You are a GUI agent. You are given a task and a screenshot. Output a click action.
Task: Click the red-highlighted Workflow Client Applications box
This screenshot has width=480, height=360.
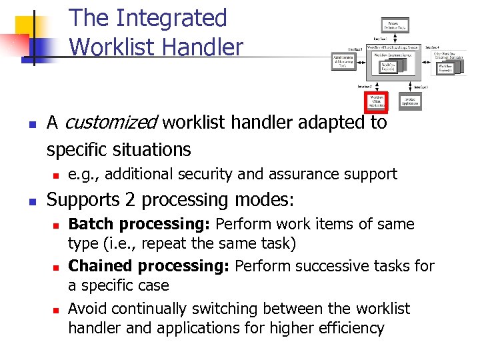pyautogui.click(x=377, y=101)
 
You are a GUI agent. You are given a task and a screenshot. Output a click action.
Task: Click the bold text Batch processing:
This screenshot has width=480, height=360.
pyautogui.click(x=140, y=225)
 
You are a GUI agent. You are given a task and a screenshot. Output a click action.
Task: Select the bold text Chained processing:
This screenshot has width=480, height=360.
pyautogui.click(x=149, y=267)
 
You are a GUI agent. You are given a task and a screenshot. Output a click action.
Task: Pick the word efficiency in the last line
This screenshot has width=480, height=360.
pyautogui.click(x=353, y=328)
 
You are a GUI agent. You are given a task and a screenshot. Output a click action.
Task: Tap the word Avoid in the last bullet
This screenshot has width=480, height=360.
pyautogui.click(x=86, y=309)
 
